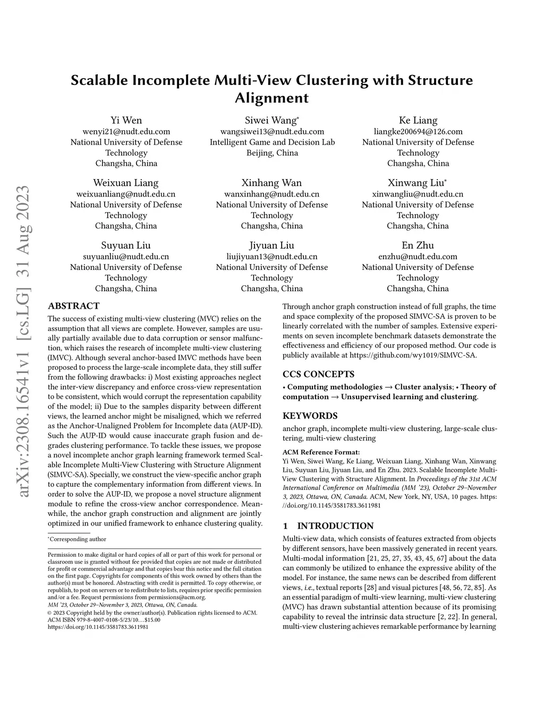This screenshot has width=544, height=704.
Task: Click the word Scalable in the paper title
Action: coord(99,81)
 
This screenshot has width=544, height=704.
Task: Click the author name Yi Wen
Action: coord(126,120)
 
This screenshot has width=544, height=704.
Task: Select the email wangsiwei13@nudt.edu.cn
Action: coord(272,131)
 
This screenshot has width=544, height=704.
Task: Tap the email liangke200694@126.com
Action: coord(418,131)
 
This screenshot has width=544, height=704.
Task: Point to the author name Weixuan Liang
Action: coord(126,183)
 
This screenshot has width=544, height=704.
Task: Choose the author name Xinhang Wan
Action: coord(271,183)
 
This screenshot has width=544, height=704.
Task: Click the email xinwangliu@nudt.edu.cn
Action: coord(418,194)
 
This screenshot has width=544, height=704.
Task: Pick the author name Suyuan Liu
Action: coord(126,245)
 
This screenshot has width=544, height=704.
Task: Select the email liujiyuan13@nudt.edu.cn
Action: coord(271,257)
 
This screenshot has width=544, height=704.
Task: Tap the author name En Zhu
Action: coord(418,245)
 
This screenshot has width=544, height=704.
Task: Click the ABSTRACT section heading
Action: coord(73,306)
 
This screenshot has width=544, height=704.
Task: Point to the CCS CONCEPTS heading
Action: coord(318,374)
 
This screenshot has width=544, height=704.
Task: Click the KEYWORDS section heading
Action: coord(310,415)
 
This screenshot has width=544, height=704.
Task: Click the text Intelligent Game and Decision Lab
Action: coord(272,142)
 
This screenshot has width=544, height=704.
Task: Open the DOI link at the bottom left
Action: coord(98,626)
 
